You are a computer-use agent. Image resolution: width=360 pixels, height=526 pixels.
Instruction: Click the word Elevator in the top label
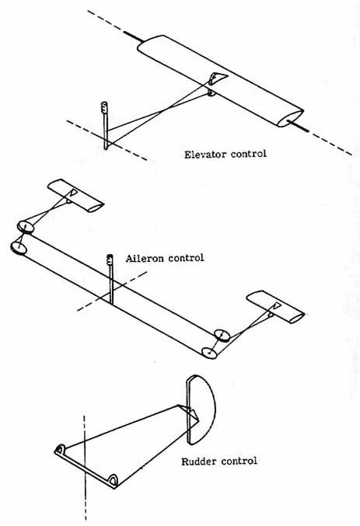click(204, 153)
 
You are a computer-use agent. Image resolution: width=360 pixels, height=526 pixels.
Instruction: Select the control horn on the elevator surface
click(215, 79)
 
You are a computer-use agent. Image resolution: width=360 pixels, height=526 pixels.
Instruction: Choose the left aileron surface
click(75, 196)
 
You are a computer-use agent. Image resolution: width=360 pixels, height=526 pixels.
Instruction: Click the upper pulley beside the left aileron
click(25, 227)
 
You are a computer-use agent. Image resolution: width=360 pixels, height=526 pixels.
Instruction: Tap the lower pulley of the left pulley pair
click(18, 248)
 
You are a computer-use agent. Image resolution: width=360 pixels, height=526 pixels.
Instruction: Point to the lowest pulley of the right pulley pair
click(209, 352)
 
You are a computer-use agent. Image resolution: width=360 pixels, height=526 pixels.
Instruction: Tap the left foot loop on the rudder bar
click(59, 450)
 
